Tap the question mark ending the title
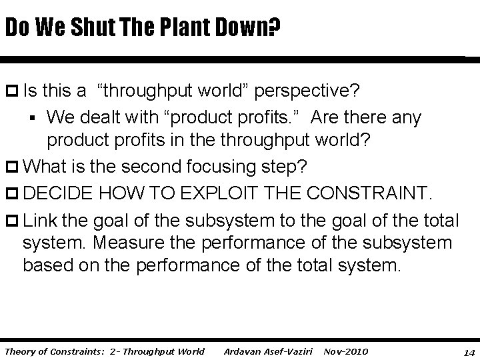point(273,28)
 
